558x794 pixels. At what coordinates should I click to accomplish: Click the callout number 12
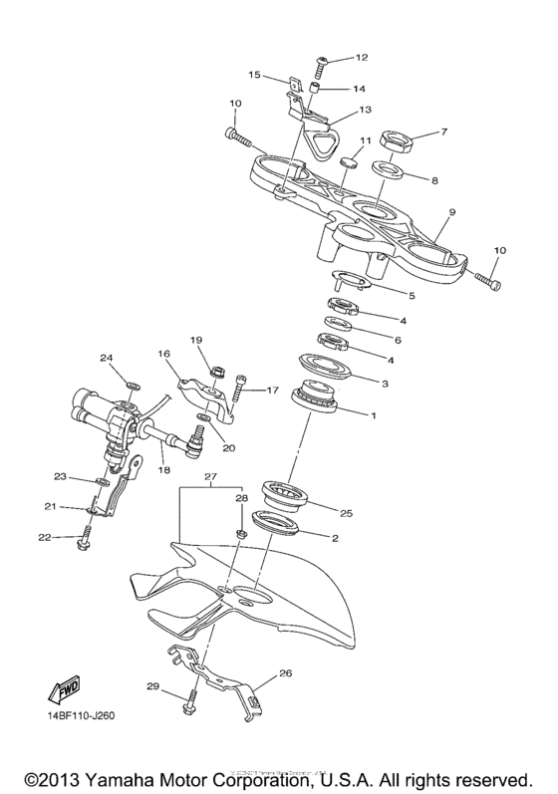point(334,57)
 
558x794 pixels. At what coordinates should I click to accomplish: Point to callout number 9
point(451,212)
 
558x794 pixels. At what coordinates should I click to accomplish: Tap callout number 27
point(209,478)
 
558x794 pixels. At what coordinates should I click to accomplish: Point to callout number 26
point(285,673)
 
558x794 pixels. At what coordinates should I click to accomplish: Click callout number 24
point(107,357)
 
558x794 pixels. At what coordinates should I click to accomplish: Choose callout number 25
point(347,514)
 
